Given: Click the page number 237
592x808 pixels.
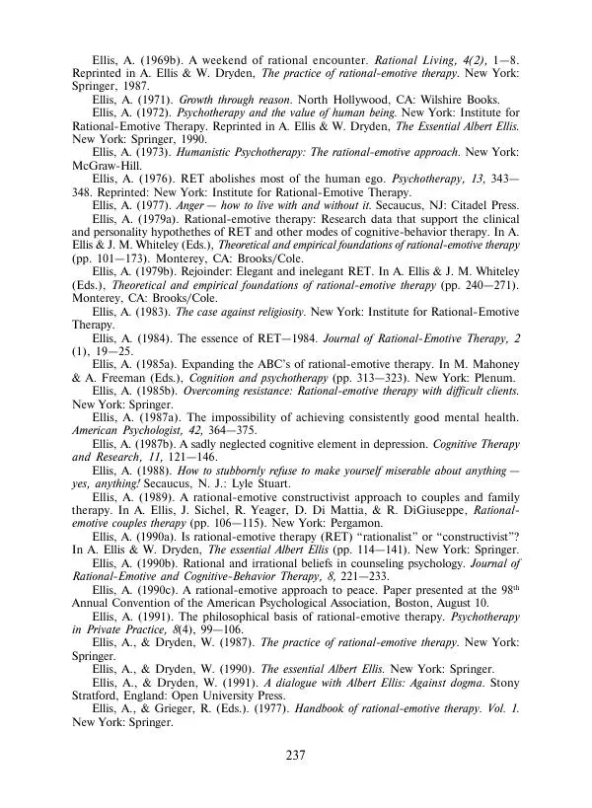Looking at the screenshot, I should (295, 757).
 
